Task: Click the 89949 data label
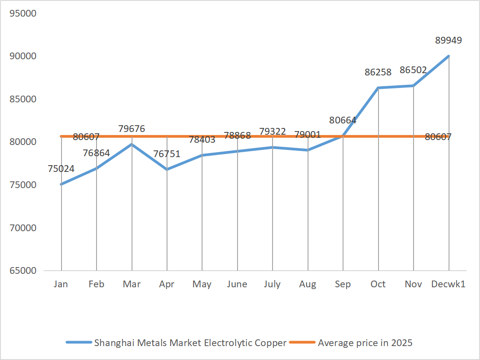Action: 448,40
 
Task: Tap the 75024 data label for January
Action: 61,169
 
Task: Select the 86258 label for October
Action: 378,72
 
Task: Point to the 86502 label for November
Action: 413,70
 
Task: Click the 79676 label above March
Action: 132,129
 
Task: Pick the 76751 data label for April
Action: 167,154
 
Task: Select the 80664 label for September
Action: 343,120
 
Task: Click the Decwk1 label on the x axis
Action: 448,284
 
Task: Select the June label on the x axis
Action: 237,284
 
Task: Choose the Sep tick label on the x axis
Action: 343,284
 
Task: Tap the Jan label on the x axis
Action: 61,284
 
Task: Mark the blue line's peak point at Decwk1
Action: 448,56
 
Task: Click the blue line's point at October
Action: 378,88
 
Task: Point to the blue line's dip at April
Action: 167,169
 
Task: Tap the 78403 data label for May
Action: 202,139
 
